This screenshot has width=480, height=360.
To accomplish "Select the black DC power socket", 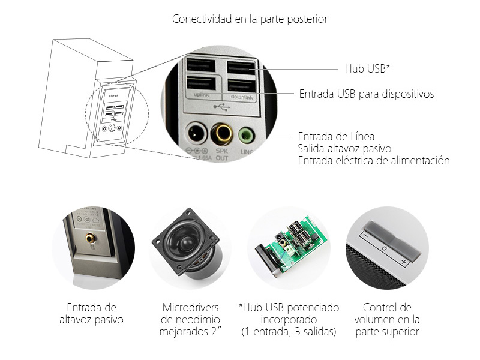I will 196,132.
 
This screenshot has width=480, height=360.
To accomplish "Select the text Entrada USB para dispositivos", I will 366,94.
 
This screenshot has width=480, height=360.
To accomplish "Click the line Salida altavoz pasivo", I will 344,148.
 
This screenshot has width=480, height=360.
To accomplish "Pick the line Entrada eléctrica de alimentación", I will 373,160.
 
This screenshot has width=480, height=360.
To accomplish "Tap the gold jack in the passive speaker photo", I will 91,238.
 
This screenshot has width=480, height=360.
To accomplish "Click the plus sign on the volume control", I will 404,263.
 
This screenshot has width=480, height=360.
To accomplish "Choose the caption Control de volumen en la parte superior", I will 387,320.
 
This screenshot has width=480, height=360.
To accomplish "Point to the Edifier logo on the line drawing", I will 114,94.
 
